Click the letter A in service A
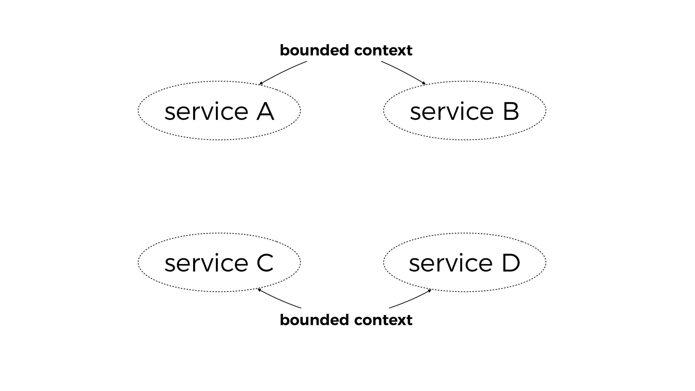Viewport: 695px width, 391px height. [265, 111]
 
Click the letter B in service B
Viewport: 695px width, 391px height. [511, 111]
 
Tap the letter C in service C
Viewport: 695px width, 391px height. [265, 263]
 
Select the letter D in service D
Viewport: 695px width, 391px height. [511, 263]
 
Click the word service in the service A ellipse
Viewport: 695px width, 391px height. [206, 112]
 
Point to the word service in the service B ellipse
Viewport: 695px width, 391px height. [452, 112]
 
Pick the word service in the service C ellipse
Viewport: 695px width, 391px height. [206, 264]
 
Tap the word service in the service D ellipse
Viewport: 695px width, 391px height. [451, 264]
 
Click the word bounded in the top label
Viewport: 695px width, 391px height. [314, 51]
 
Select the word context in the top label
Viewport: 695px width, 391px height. [383, 51]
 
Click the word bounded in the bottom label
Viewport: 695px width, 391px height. [314, 320]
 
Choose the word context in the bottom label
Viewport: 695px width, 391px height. [383, 320]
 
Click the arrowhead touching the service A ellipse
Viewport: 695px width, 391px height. [261, 83]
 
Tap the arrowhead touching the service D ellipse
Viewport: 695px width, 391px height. [430, 291]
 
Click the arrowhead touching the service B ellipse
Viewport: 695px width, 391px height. [424, 83]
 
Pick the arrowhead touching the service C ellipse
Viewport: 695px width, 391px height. [259, 290]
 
